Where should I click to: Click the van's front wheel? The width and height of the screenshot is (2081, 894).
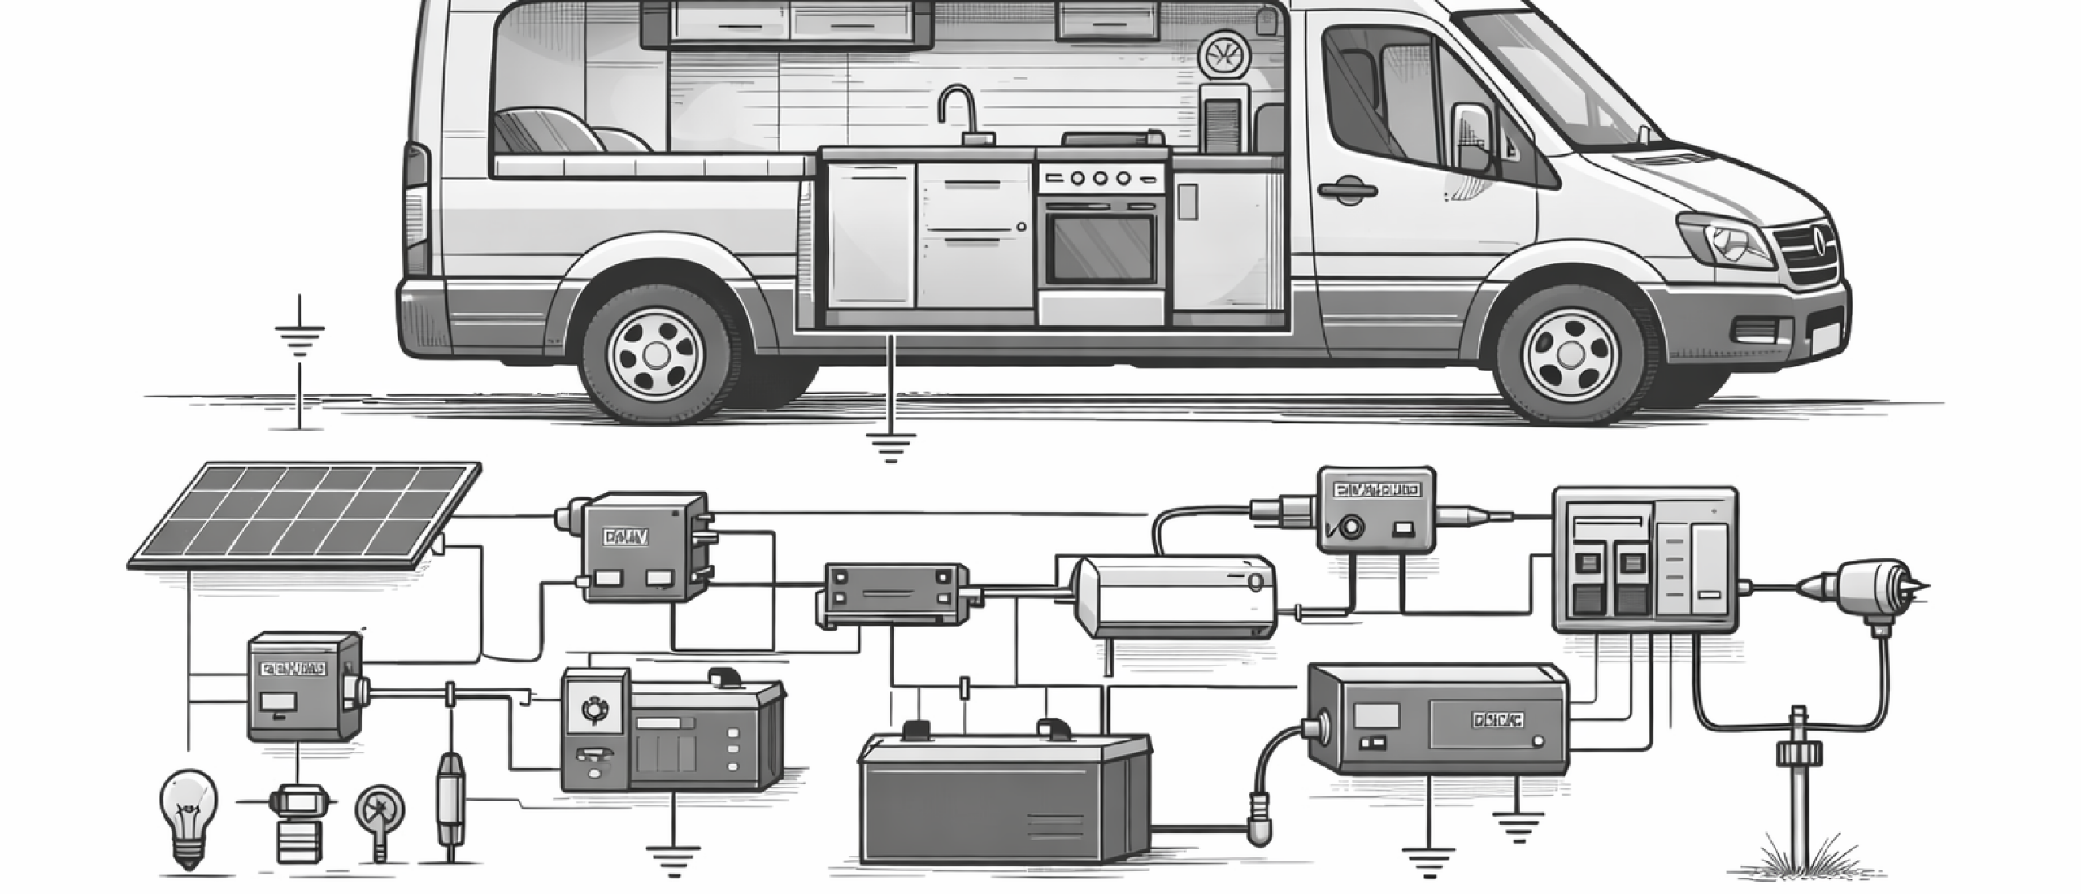click(x=1567, y=352)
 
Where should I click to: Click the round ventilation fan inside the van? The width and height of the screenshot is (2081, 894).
click(x=1221, y=54)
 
